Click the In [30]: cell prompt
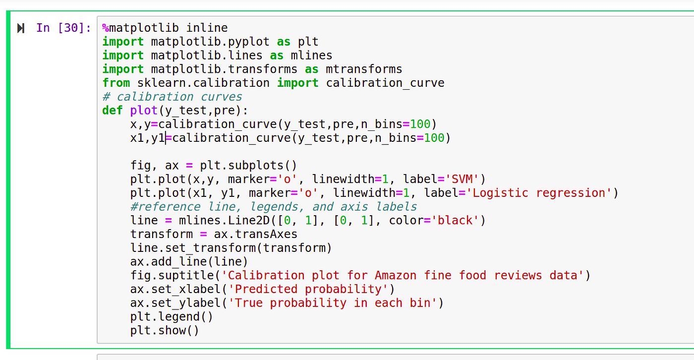pyautogui.click(x=63, y=28)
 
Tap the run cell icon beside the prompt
pyautogui.click(x=21, y=28)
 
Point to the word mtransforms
pyautogui.click(x=364, y=69)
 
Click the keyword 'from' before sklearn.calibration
pyautogui.click(x=116, y=83)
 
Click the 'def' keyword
pyautogui.click(x=113, y=110)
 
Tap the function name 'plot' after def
pyautogui.click(x=144, y=110)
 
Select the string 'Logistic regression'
pyautogui.click(x=539, y=193)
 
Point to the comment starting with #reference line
pyautogui.click(x=274, y=206)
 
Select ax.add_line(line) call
pyautogui.click(x=189, y=261)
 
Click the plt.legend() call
pyautogui.click(x=172, y=316)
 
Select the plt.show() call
pyautogui.click(x=165, y=330)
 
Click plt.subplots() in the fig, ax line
pyautogui.click(x=248, y=165)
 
